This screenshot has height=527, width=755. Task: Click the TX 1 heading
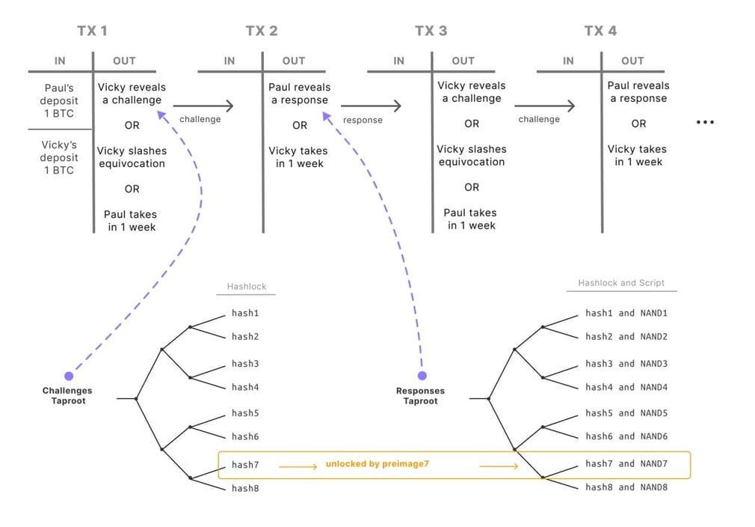tap(92, 31)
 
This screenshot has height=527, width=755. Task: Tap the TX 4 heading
tap(600, 31)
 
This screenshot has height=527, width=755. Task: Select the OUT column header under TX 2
tap(294, 61)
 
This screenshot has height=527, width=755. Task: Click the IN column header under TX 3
tap(399, 61)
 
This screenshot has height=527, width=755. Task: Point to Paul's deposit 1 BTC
tap(59, 100)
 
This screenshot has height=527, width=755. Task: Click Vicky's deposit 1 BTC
tap(59, 157)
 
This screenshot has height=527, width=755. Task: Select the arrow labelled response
tap(372, 106)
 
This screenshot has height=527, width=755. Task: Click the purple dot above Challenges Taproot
tap(69, 376)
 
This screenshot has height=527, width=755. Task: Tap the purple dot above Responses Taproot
tap(422, 376)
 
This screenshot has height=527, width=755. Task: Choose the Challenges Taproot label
tap(67, 395)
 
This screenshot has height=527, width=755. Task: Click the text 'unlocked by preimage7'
tap(377, 464)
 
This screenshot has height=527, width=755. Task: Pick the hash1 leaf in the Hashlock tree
tap(245, 313)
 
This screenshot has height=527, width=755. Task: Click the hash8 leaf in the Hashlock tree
tap(245, 488)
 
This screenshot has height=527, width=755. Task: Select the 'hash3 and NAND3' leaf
tap(626, 363)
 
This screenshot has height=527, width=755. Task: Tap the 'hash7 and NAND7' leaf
tap(626, 463)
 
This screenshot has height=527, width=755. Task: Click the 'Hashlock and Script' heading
tap(620, 283)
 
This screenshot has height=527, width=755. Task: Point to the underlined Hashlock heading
tap(246, 287)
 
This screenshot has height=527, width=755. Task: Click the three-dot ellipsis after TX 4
tap(705, 122)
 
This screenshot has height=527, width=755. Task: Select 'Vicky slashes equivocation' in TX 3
tap(472, 156)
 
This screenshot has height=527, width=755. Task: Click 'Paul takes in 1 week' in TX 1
tap(132, 220)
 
